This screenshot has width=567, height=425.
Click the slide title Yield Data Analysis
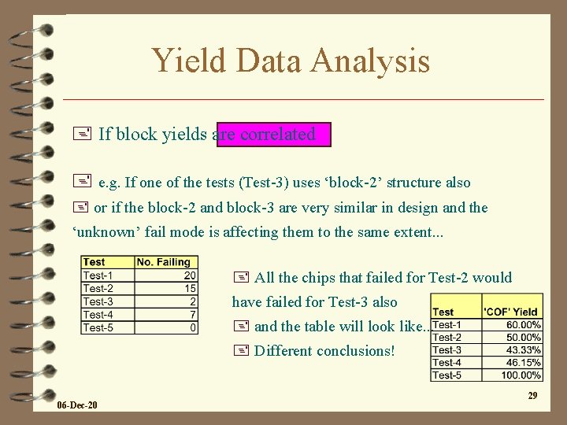[291, 61]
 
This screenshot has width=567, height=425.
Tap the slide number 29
[532, 395]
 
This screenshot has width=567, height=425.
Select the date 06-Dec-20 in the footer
[77, 405]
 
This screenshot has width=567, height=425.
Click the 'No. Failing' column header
[165, 262]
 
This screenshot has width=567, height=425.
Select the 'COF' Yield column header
[511, 312]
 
